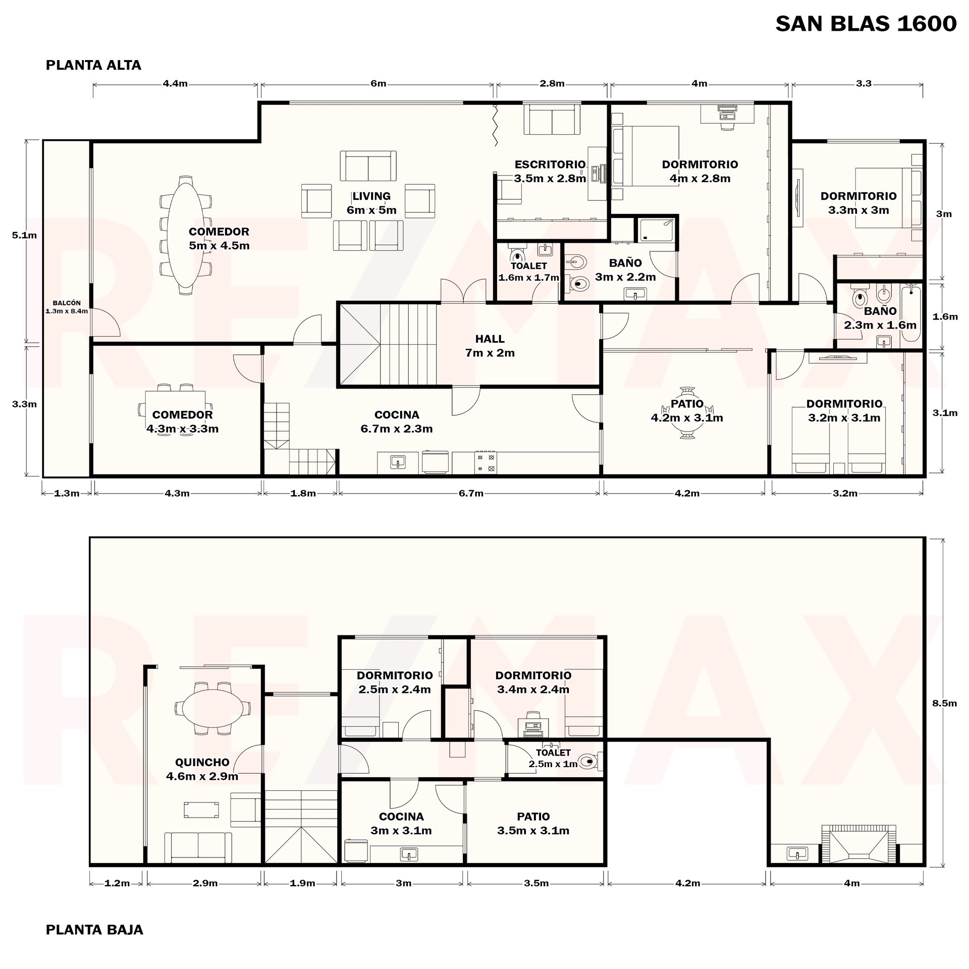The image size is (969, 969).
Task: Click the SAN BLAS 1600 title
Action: [x=866, y=24]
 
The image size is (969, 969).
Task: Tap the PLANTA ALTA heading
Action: [x=93, y=65]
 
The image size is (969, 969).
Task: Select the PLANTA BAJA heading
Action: [x=94, y=930]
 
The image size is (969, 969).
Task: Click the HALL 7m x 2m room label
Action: [x=490, y=346]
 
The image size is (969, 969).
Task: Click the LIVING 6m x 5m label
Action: [x=371, y=203]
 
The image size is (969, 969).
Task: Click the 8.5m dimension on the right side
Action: [x=944, y=703]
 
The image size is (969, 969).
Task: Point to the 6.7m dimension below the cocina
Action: [x=471, y=493]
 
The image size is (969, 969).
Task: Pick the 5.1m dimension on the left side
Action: [x=24, y=235]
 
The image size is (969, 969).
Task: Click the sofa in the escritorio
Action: [x=552, y=119]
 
